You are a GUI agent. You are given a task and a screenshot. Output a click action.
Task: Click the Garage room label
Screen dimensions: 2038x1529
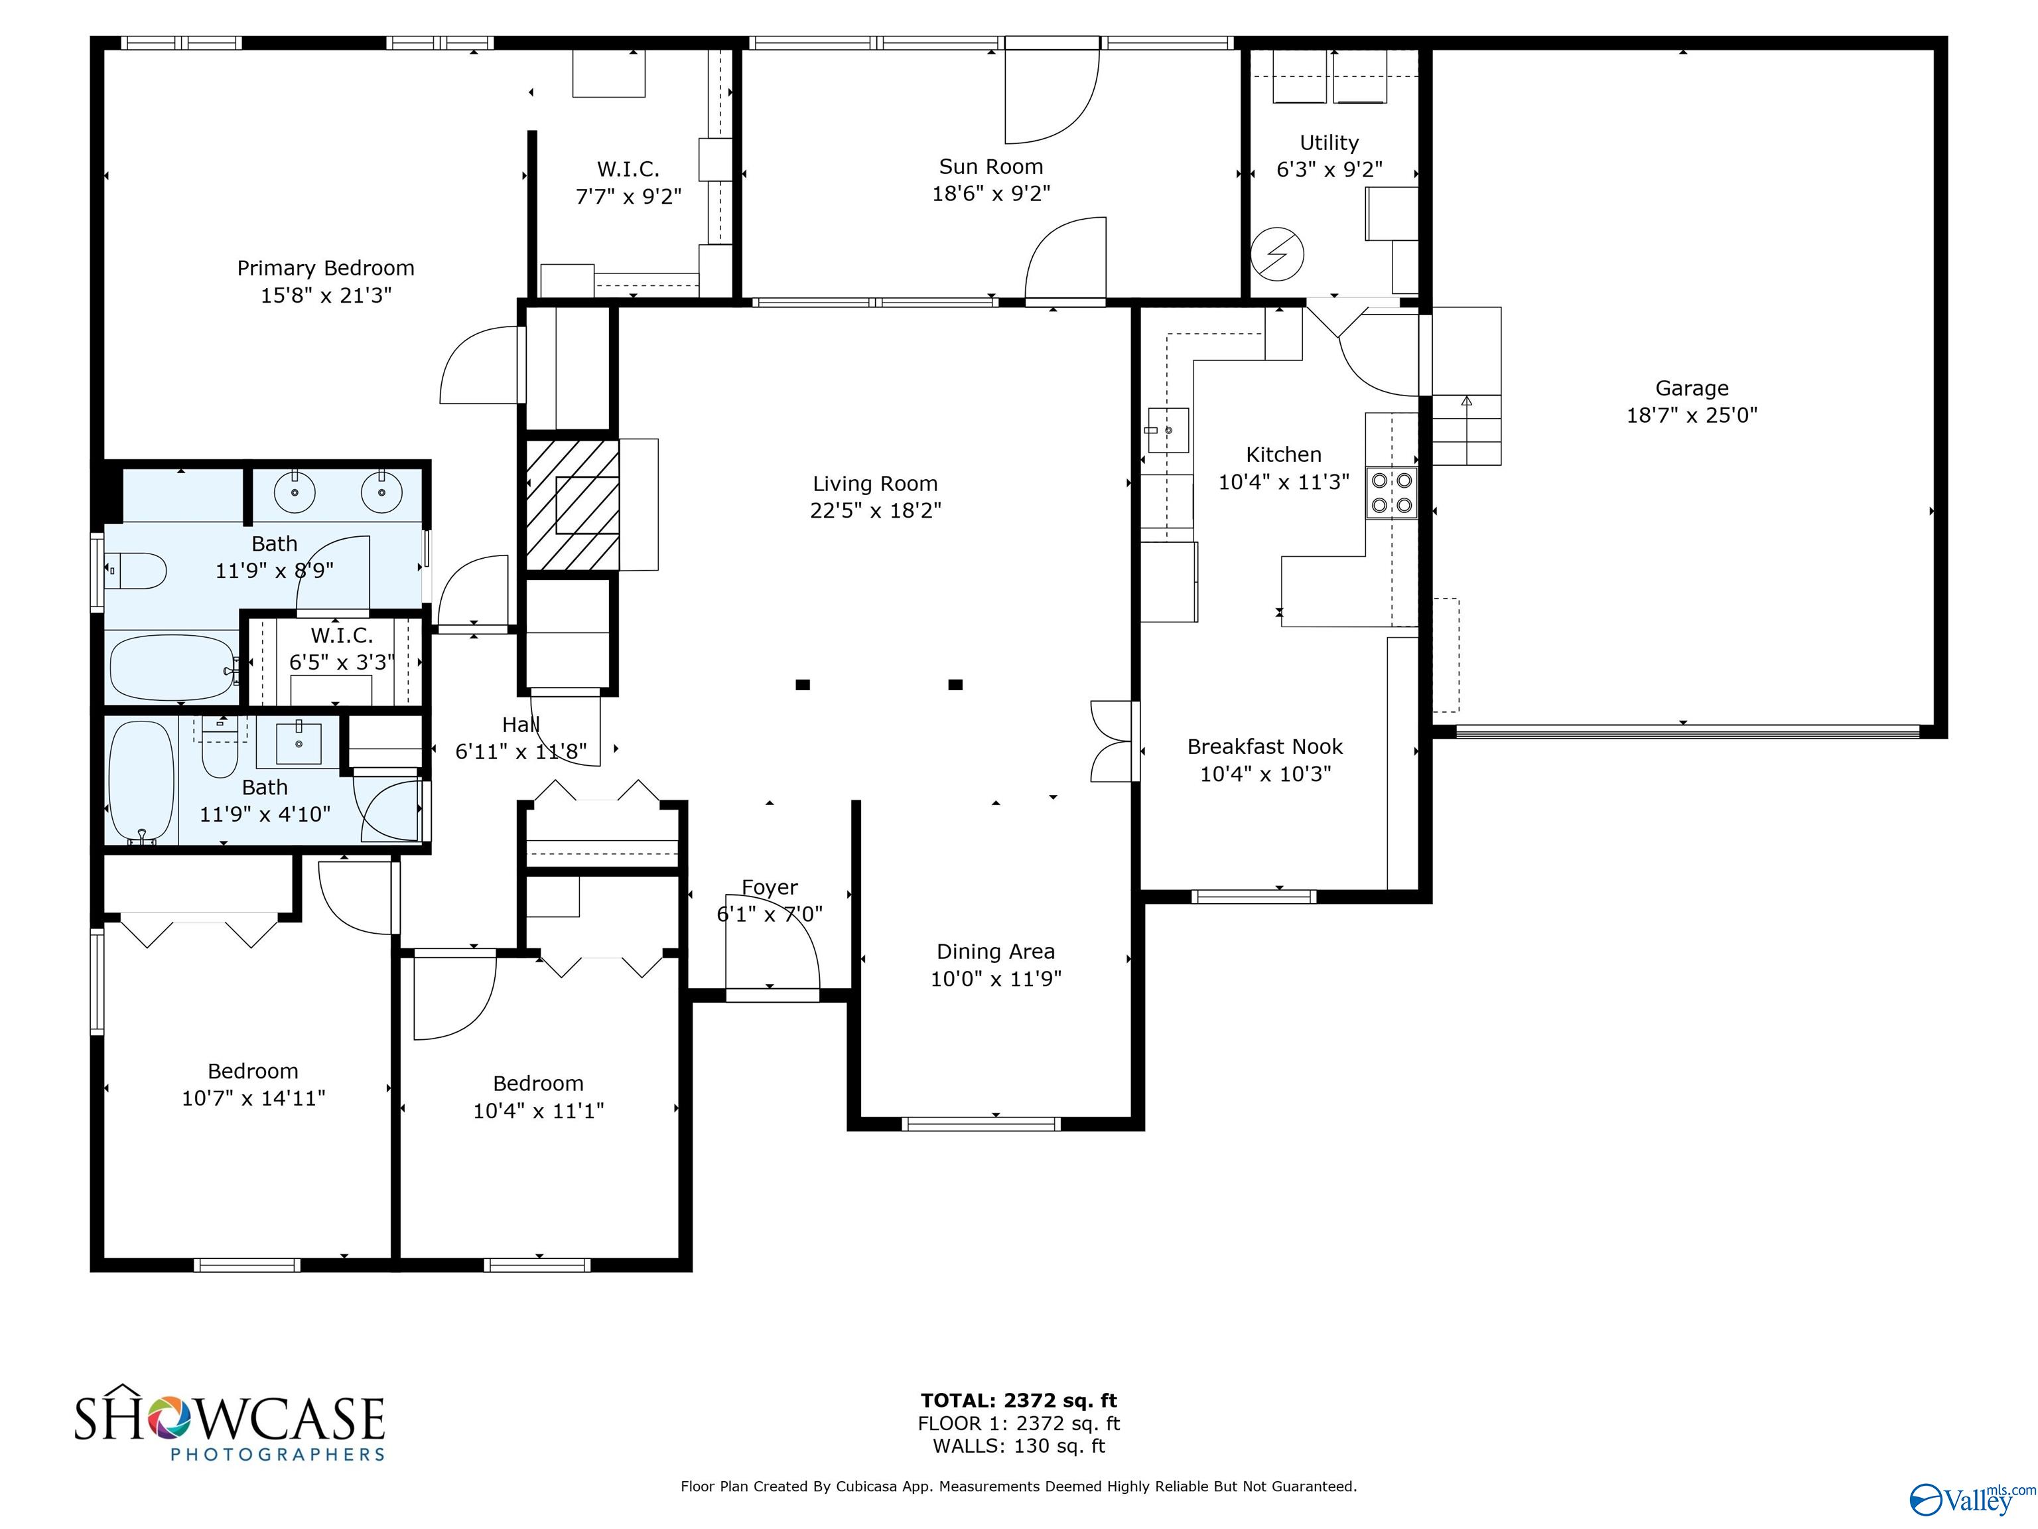(1692, 388)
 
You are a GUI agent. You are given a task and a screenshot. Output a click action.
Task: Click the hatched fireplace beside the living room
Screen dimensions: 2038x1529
(572, 504)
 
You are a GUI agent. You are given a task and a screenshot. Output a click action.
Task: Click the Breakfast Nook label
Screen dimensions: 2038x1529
(1265, 747)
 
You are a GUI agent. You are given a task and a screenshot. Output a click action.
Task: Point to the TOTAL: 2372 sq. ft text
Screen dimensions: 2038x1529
(1019, 1401)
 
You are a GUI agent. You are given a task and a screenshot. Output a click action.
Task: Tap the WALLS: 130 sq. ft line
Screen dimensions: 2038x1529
(1019, 1446)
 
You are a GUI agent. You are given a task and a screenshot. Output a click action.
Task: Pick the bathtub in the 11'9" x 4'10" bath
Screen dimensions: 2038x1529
(141, 782)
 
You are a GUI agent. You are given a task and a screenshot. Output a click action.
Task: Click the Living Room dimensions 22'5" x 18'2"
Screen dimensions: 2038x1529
(875, 510)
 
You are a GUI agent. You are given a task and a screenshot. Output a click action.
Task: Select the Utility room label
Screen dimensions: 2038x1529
(1329, 143)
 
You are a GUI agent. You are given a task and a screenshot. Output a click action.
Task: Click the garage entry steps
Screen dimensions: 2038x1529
(1466, 386)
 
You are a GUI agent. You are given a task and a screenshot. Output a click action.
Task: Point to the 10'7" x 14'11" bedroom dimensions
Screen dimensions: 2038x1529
(253, 1098)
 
